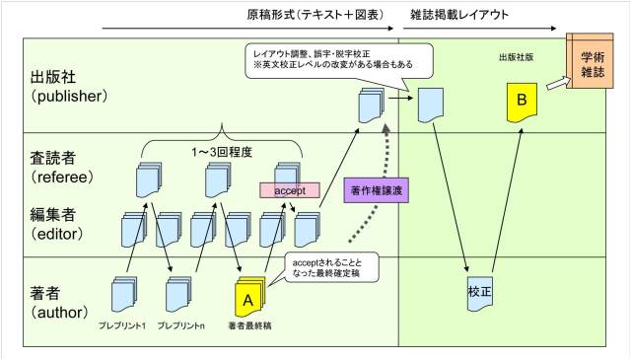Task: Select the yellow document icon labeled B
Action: pyautogui.click(x=522, y=103)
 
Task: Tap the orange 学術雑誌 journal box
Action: pyautogui.click(x=590, y=61)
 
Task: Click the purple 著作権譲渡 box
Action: pyautogui.click(x=377, y=190)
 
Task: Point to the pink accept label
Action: pyautogui.click(x=290, y=190)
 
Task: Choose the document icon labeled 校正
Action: pyautogui.click(x=480, y=294)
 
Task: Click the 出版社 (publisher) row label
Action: pyautogui.click(x=69, y=87)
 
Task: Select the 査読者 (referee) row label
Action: pyautogui.click(x=61, y=168)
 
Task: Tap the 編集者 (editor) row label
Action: pyautogui.click(x=57, y=224)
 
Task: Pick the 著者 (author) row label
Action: pyautogui.click(x=59, y=303)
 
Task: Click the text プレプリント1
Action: pyautogui.click(x=122, y=325)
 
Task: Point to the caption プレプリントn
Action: pyautogui.click(x=180, y=325)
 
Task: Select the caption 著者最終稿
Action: pyautogui.click(x=249, y=325)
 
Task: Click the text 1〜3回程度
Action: pyautogui.click(x=222, y=152)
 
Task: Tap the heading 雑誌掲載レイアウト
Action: pyautogui.click(x=459, y=15)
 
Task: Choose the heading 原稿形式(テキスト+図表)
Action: pyautogui.click(x=315, y=15)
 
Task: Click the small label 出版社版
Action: pyautogui.click(x=517, y=57)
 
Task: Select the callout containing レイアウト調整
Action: pyautogui.click(x=339, y=61)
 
